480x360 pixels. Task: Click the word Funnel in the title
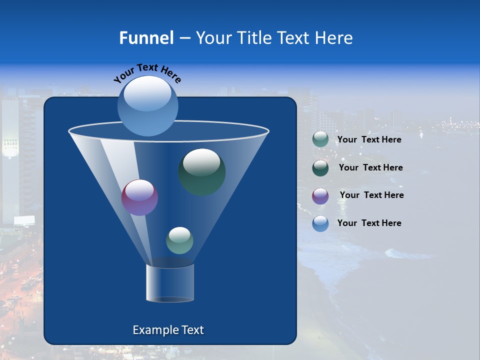coord(146,38)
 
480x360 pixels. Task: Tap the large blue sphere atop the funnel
coord(148,106)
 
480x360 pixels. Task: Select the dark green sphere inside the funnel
coord(202,172)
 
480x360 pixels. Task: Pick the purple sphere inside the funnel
coord(140,197)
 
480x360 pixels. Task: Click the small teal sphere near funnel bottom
coord(179,240)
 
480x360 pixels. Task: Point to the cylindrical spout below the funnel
coord(170,283)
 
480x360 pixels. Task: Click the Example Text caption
coord(168,330)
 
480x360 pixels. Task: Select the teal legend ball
coord(320,139)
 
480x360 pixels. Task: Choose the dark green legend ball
coord(320,167)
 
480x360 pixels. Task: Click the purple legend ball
coord(320,195)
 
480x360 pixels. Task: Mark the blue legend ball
coord(320,223)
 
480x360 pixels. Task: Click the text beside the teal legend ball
coord(369,140)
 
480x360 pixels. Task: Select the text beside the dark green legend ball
coord(370,168)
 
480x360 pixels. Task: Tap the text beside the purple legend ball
coord(371,195)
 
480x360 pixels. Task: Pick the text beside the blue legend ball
coord(369,223)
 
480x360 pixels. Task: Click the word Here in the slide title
coord(335,38)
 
